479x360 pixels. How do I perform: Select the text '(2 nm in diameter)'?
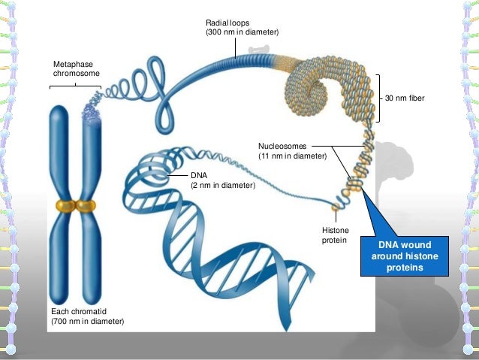(x=223, y=185)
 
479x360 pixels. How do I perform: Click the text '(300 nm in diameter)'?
(x=241, y=34)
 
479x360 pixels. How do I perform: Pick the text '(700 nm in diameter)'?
(x=86, y=321)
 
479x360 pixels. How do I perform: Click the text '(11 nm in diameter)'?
(x=292, y=156)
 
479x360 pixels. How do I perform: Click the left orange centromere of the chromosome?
(x=64, y=205)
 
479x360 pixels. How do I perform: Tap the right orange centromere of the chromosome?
(x=87, y=205)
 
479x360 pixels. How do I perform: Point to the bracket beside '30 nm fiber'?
(x=381, y=98)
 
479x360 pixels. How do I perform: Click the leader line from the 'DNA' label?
(x=178, y=175)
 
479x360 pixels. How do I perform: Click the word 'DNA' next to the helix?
(x=197, y=175)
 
